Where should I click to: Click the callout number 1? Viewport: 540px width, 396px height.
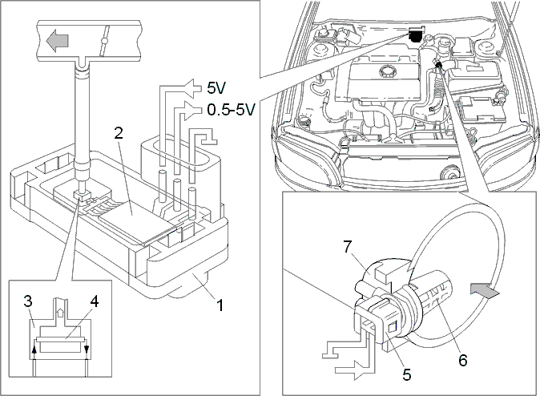(x=219, y=305)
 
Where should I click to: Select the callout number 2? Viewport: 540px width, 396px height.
(x=119, y=133)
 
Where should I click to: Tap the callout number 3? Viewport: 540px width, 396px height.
(x=28, y=301)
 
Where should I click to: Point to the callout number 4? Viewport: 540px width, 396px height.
(x=94, y=301)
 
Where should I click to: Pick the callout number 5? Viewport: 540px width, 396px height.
(x=407, y=374)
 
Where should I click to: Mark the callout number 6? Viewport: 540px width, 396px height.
(x=462, y=360)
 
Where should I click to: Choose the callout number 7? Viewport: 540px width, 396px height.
(x=348, y=247)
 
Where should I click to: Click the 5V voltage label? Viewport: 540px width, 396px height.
(x=216, y=88)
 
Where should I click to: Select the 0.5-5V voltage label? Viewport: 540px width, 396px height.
(x=231, y=110)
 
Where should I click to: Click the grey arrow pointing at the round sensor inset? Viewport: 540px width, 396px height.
(x=484, y=292)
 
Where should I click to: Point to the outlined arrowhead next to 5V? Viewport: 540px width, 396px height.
(x=193, y=88)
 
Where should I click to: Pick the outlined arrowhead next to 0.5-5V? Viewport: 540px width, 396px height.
(x=193, y=111)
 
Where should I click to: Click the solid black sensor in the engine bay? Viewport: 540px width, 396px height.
(x=416, y=35)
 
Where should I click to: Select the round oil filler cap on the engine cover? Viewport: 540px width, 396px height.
(x=387, y=71)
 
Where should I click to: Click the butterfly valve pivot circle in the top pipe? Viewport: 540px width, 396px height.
(x=104, y=42)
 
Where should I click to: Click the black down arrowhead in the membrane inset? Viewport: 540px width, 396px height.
(x=87, y=350)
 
